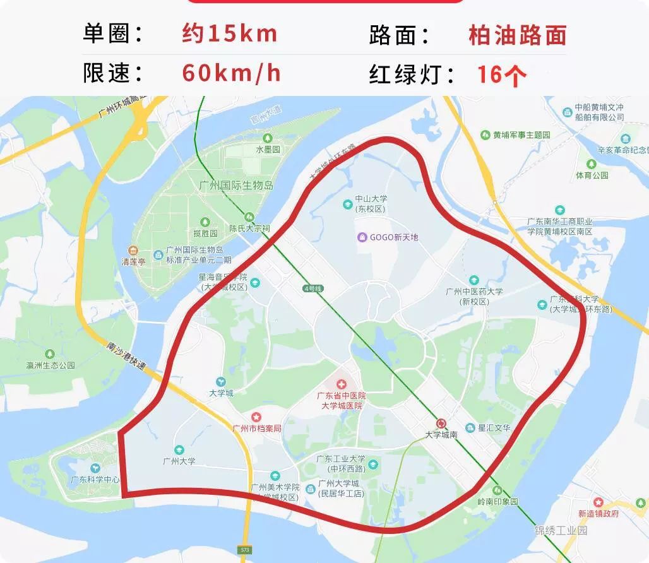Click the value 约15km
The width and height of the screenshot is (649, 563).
[x=230, y=33]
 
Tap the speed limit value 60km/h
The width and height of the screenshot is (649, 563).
[x=231, y=73]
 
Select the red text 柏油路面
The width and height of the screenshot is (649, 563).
[x=517, y=35]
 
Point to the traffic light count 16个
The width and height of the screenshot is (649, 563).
[x=501, y=74]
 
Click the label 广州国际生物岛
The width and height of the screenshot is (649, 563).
[x=235, y=186]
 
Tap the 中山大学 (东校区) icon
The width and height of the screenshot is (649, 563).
[x=347, y=204]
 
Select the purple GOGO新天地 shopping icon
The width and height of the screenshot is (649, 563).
[x=362, y=237]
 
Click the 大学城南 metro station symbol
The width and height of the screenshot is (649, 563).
[x=441, y=424]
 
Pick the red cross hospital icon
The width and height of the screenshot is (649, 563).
[x=342, y=384]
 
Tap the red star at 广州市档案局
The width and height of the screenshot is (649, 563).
[x=256, y=417]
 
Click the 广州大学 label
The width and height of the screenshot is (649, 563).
[x=179, y=461]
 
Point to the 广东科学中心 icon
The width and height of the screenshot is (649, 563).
[x=95, y=468]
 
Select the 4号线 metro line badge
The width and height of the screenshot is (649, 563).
[x=313, y=288]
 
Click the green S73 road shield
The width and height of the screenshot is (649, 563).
[x=244, y=550]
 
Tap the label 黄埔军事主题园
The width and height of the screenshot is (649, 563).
[x=521, y=135]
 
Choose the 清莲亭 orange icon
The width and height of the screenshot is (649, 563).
[x=133, y=251]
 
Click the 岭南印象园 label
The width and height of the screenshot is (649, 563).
[x=497, y=502]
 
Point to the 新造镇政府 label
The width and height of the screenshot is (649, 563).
[x=598, y=513]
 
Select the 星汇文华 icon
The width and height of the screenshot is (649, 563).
[x=470, y=428]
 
